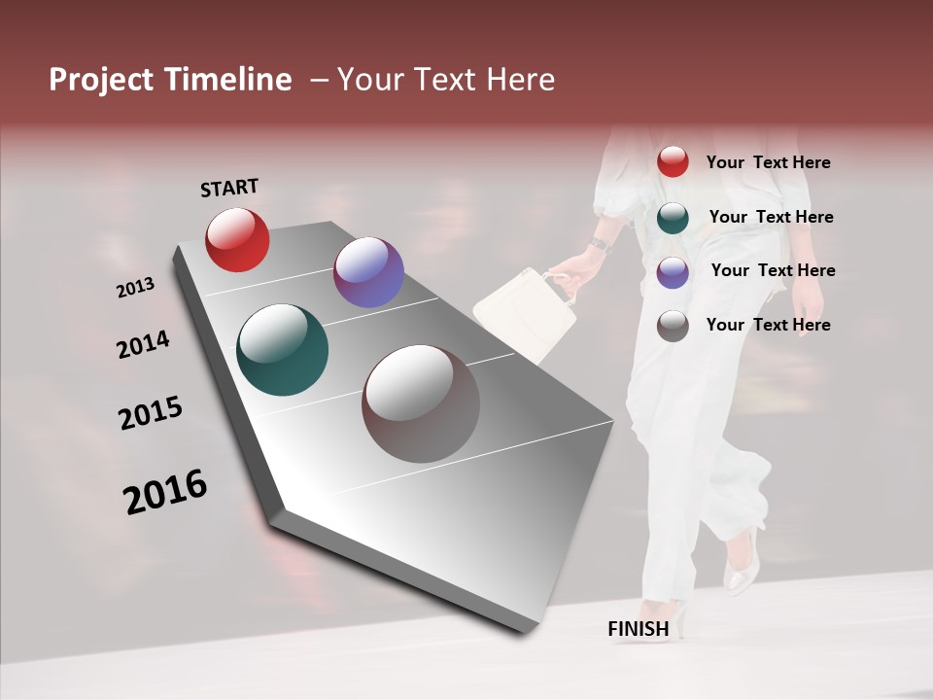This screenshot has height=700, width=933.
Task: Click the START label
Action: click(229, 188)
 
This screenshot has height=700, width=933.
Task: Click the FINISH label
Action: click(639, 629)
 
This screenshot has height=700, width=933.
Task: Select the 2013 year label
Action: click(135, 288)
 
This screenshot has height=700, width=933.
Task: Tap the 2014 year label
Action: click(143, 345)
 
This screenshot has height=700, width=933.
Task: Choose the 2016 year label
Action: click(165, 492)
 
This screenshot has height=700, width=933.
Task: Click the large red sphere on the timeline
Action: click(237, 239)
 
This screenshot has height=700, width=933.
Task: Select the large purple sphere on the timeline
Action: click(368, 272)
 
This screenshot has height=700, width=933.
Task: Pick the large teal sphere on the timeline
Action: click(283, 350)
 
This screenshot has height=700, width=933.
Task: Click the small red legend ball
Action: click(673, 162)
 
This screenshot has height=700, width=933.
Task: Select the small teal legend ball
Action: click(673, 217)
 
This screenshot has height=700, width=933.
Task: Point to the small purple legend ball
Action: click(673, 271)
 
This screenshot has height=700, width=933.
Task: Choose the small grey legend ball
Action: click(673, 326)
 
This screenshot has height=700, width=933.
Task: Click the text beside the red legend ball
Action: click(768, 163)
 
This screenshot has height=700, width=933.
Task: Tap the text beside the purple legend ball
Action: click(773, 270)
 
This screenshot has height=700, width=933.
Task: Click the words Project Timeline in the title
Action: click(170, 80)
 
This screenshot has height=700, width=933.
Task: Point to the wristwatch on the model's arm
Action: click(600, 243)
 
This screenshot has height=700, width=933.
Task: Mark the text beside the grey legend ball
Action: click(768, 325)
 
